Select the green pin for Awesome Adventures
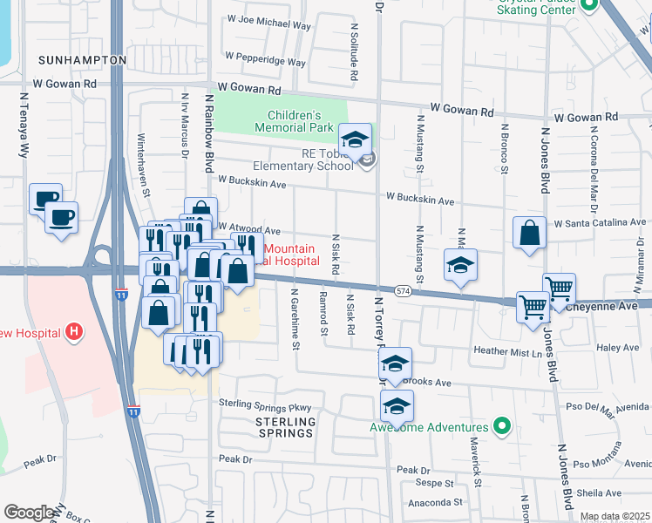[x=501, y=427]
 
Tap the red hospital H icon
[x=75, y=331]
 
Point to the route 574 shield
[x=402, y=290]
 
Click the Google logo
[x=29, y=513]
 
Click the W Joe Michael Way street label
[x=268, y=26]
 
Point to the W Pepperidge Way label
[x=266, y=63]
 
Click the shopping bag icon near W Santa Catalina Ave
[x=529, y=234]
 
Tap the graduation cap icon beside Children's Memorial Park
[x=356, y=139]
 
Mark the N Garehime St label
[x=295, y=319]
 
